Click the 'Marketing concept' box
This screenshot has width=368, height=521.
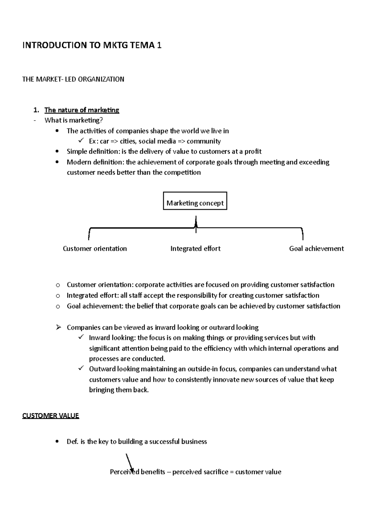tap(195, 201)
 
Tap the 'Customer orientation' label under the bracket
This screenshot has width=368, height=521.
tap(95, 249)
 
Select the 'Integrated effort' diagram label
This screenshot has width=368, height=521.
tap(195, 249)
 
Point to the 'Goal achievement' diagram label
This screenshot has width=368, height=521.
tap(316, 249)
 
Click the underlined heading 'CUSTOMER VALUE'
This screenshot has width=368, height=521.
tap(51, 416)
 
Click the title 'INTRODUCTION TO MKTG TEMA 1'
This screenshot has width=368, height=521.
tap(92, 45)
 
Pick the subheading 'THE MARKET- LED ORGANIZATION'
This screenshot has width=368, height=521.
tap(73, 79)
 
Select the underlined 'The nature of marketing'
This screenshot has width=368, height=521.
tap(82, 110)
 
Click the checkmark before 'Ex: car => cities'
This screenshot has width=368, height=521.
tap(81, 141)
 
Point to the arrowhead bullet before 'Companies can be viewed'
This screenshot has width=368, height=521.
tap(58, 327)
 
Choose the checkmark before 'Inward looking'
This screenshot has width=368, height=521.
tap(81, 337)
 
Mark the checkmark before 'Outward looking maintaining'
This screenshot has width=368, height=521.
tap(81, 368)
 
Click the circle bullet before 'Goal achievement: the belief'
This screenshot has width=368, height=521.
tap(58, 307)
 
